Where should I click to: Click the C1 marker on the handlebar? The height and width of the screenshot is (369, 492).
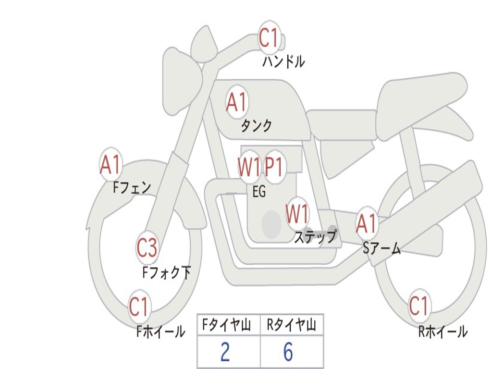pyautogui.click(x=269, y=37)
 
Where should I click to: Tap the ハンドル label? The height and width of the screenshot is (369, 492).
pyautogui.click(x=283, y=61)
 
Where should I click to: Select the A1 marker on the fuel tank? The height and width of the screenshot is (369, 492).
pyautogui.click(x=237, y=102)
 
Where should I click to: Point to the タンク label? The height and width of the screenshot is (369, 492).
pyautogui.click(x=256, y=126)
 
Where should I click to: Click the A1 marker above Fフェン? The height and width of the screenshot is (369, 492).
pyautogui.click(x=111, y=164)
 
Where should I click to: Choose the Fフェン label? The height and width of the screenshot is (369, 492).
pyautogui.click(x=132, y=188)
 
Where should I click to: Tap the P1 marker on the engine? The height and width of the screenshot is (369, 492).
pyautogui.click(x=274, y=167)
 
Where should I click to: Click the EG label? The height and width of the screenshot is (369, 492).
pyautogui.click(x=259, y=191)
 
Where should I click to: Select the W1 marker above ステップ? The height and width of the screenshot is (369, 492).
pyautogui.click(x=297, y=213)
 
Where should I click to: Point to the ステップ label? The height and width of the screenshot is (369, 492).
pyautogui.click(x=315, y=236)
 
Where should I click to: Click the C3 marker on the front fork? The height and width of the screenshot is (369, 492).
pyautogui.click(x=147, y=247)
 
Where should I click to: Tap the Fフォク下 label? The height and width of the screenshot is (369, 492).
pyautogui.click(x=166, y=272)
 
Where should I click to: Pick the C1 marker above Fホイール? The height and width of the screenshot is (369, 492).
pyautogui.click(x=138, y=307)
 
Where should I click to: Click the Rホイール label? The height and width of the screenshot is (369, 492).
pyautogui.click(x=443, y=332)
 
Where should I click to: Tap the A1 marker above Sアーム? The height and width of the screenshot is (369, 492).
pyautogui.click(x=367, y=224)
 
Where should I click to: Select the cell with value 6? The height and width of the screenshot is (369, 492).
pyautogui.click(x=292, y=351)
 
